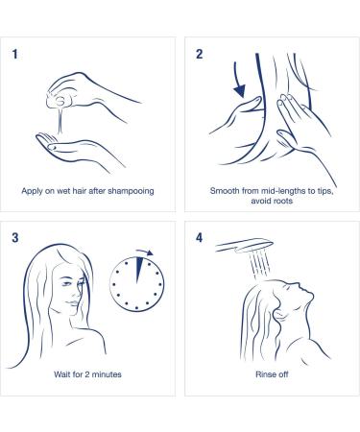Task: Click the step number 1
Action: point(14,54)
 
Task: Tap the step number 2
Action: point(200,54)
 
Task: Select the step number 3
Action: point(15,238)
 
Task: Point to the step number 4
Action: point(200,238)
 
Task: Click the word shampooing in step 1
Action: point(131,191)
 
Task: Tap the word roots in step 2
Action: point(281,201)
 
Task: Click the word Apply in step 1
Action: point(32,191)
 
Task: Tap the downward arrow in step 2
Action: point(238,80)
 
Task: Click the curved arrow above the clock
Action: point(145,252)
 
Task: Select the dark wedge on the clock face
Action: point(138,270)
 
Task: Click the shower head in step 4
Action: point(245,246)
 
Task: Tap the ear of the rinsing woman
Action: point(280,315)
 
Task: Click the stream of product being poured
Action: point(60,120)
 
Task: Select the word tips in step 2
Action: point(324,191)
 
